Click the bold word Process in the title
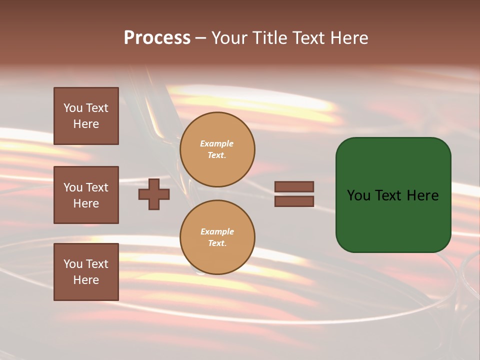[x=157, y=38]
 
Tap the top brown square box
[x=86, y=116]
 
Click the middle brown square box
[x=86, y=195]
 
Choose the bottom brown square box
[x=86, y=272]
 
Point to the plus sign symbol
[x=154, y=194]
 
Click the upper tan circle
[x=217, y=149]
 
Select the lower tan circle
[x=217, y=237]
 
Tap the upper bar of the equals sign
[x=294, y=187]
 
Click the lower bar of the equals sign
[x=294, y=201]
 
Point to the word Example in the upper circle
[x=216, y=143]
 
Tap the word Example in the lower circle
[x=217, y=231]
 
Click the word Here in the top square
[x=86, y=124]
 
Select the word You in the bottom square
[x=73, y=264]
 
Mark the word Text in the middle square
[x=96, y=187]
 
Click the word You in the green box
[x=358, y=195]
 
